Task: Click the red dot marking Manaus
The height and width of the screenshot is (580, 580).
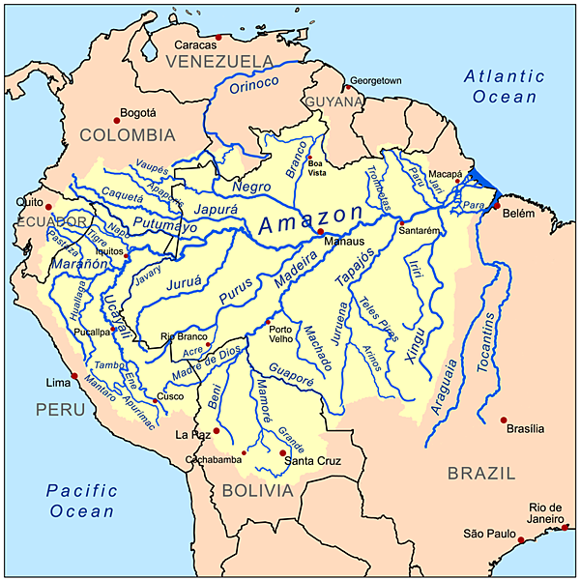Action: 320,232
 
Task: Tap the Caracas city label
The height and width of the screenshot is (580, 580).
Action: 194,44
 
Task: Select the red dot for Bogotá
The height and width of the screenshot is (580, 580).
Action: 117,120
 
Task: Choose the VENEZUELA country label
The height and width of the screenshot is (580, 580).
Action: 219,62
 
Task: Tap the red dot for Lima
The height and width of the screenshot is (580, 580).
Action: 74,378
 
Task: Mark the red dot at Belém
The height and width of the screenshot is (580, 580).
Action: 497,206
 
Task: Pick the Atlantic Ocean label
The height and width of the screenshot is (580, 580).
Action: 504,85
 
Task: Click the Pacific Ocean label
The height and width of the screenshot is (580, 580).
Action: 82,501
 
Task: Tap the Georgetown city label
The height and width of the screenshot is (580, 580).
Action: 376,80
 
